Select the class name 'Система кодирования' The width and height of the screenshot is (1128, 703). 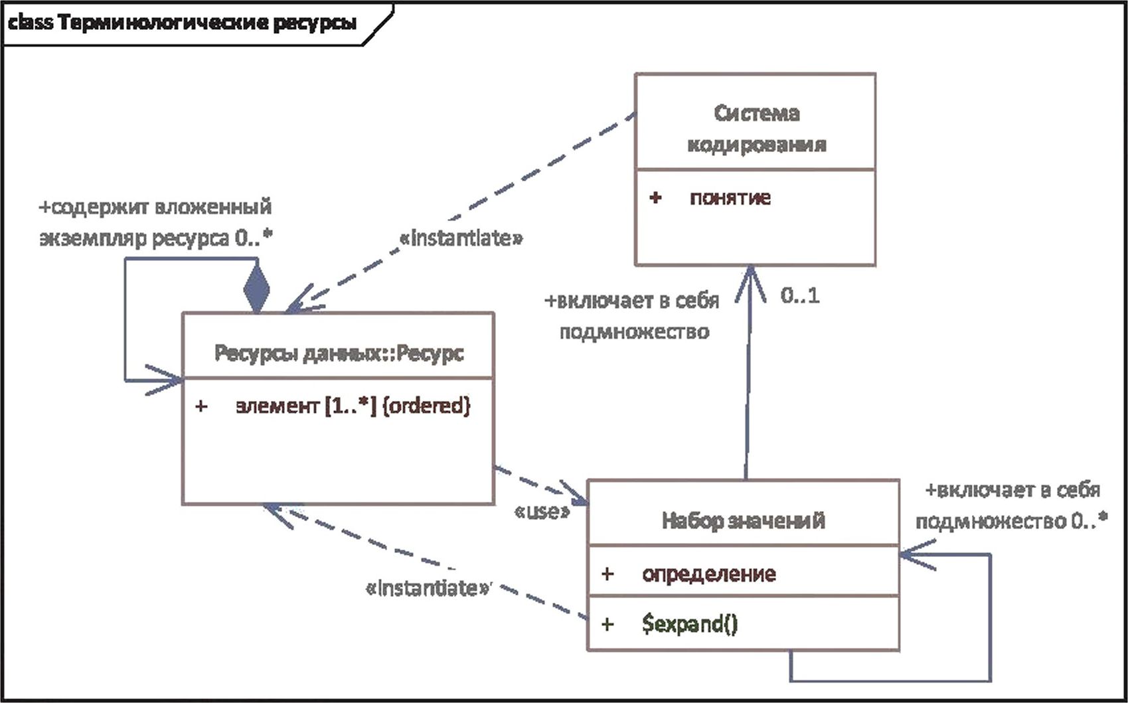pyautogui.click(x=756, y=128)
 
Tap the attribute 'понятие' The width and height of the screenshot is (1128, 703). pyautogui.click(x=730, y=198)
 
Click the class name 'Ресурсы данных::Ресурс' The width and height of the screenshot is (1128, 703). pyautogui.click(x=339, y=353)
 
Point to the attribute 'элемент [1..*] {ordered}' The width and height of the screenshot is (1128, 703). pyautogui.click(x=353, y=406)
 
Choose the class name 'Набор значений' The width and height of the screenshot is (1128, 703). pyautogui.click(x=744, y=520)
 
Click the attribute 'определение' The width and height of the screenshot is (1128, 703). pyautogui.click(x=708, y=574)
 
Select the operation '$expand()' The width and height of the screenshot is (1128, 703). pyautogui.click(x=690, y=624)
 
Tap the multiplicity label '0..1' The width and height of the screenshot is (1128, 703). pyautogui.click(x=800, y=295)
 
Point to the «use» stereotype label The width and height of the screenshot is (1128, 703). pyautogui.click(x=542, y=511)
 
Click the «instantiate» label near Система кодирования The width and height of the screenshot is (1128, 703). pyautogui.click(x=461, y=238)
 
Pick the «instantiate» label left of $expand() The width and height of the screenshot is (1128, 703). pyautogui.click(x=429, y=588)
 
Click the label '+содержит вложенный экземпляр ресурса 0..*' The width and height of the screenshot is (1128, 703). pyautogui.click(x=156, y=222)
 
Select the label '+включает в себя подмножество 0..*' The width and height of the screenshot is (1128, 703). pyautogui.click(x=1012, y=506)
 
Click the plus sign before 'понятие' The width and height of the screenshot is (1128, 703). pyautogui.click(x=655, y=198)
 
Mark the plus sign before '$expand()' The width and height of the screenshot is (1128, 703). pyautogui.click(x=607, y=624)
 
